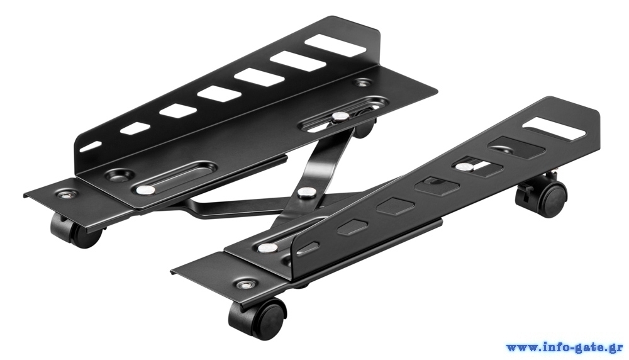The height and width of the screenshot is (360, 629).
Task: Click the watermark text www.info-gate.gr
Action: pos(565,347)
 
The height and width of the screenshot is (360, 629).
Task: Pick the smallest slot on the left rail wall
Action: pos(91,146)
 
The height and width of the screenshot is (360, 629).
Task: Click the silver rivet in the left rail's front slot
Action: pos(145,189)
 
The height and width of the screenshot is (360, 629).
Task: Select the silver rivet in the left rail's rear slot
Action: pos(340,116)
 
